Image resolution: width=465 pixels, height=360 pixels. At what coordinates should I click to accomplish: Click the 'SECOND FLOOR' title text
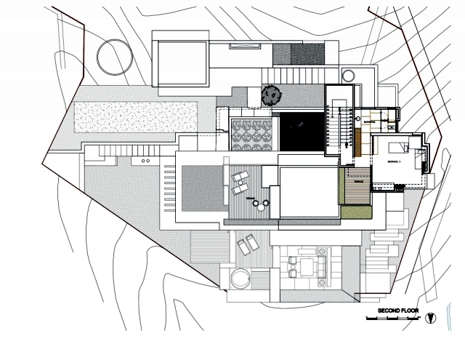[x=398, y=311]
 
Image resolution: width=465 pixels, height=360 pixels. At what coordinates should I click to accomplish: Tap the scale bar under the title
[x=392, y=319]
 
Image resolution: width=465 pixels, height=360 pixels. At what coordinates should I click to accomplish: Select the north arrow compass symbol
[x=432, y=318]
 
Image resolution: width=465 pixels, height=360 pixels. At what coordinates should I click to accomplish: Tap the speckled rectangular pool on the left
[x=136, y=114]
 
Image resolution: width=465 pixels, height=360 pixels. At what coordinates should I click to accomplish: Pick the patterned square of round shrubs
[x=251, y=135]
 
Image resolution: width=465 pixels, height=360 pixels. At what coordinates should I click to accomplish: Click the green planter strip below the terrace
[x=356, y=212]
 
